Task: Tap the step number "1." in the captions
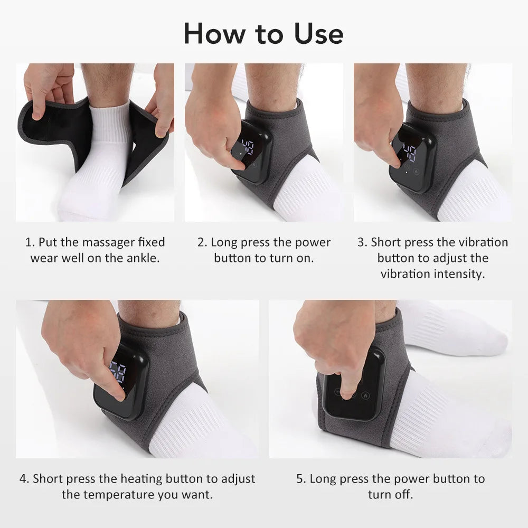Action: [30, 242]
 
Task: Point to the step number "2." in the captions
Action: [202, 242]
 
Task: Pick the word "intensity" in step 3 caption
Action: [459, 274]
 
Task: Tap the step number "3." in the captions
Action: [362, 242]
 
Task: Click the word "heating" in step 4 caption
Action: [142, 479]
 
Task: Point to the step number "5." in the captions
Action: [301, 479]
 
